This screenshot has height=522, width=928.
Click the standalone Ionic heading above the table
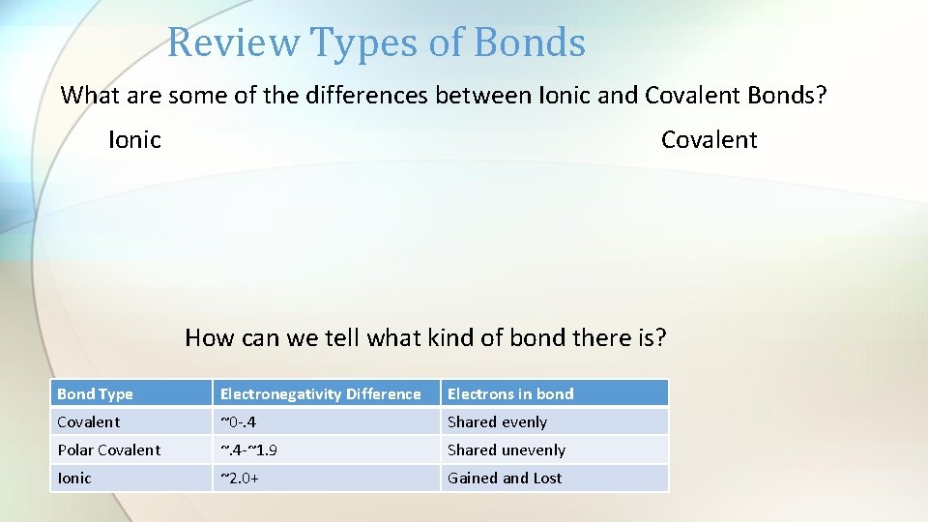[134, 140]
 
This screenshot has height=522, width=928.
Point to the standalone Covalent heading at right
[709, 140]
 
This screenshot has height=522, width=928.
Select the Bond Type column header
[95, 393]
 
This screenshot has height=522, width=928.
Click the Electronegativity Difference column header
[320, 393]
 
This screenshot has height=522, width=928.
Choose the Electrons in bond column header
[509, 393]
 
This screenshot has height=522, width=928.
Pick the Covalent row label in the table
[89, 421]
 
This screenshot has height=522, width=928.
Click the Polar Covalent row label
[108, 449]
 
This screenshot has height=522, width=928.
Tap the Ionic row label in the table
[74, 478]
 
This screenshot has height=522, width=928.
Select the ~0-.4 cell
[239, 421]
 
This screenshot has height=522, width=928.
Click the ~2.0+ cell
[239, 478]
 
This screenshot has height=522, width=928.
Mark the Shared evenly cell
[497, 421]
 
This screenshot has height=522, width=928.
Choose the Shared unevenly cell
[506, 449]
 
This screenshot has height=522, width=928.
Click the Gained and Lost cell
[504, 478]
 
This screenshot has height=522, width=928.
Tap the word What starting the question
[86, 96]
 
